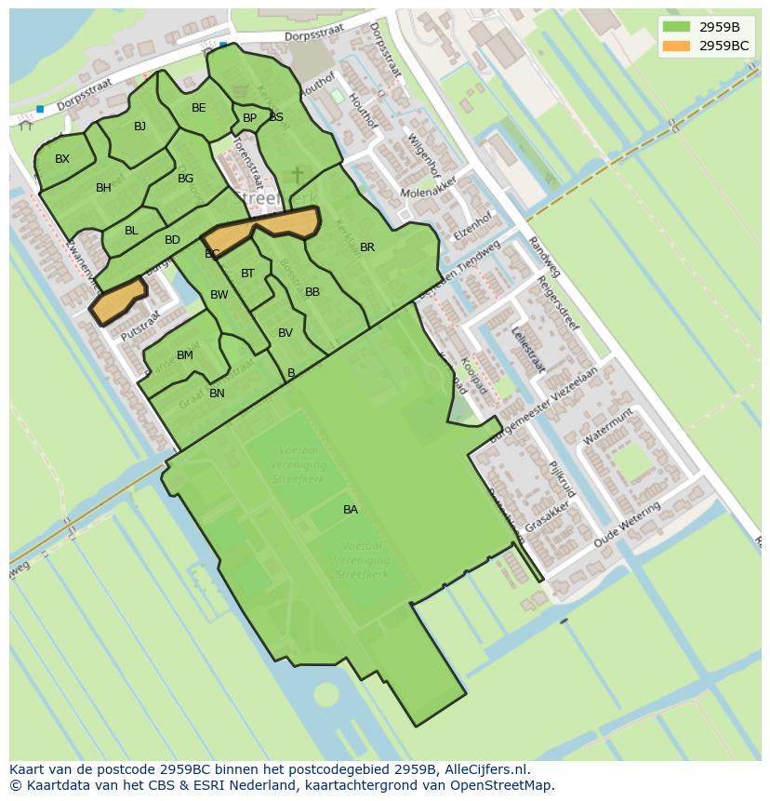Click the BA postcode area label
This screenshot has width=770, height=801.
(x=351, y=510)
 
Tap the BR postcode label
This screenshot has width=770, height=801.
(x=367, y=247)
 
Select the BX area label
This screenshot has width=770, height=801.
(x=62, y=159)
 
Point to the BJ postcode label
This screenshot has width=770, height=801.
(x=139, y=127)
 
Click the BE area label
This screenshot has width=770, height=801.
(x=199, y=108)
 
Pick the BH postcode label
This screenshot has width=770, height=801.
(x=103, y=188)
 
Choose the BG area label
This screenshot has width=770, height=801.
(x=185, y=179)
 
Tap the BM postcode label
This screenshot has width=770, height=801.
(x=185, y=355)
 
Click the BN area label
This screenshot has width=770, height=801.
(x=217, y=394)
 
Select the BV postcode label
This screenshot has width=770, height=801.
(x=285, y=333)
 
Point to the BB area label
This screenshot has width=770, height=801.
(x=312, y=292)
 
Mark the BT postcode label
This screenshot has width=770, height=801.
(x=247, y=274)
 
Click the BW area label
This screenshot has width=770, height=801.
(x=219, y=295)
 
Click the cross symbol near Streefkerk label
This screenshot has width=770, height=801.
(x=298, y=175)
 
